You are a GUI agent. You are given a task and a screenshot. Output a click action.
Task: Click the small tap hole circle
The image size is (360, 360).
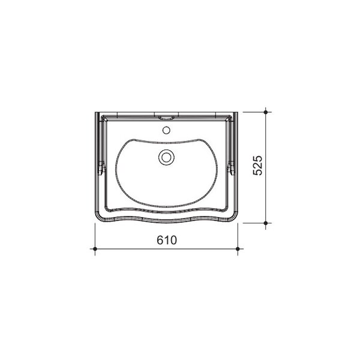tap(166, 130)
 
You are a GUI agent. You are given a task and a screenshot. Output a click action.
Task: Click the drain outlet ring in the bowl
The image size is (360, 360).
tap(166, 157)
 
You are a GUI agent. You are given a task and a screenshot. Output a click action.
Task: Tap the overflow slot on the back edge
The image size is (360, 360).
tap(166, 118)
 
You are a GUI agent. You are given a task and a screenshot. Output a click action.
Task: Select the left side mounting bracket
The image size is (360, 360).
tap(102, 167)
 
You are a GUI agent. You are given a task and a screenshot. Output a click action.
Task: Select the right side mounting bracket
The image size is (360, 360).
tap(230, 167)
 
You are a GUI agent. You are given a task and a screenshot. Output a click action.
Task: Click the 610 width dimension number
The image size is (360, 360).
tap(167, 240)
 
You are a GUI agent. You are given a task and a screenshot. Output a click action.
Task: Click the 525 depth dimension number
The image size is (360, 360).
tap(257, 166)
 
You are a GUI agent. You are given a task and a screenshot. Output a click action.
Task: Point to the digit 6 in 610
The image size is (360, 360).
tap(160, 240)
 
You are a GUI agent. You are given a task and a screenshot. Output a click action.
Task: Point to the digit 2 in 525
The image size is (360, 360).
tap(257, 166)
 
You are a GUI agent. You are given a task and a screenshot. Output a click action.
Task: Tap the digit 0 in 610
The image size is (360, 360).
tap(173, 240)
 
